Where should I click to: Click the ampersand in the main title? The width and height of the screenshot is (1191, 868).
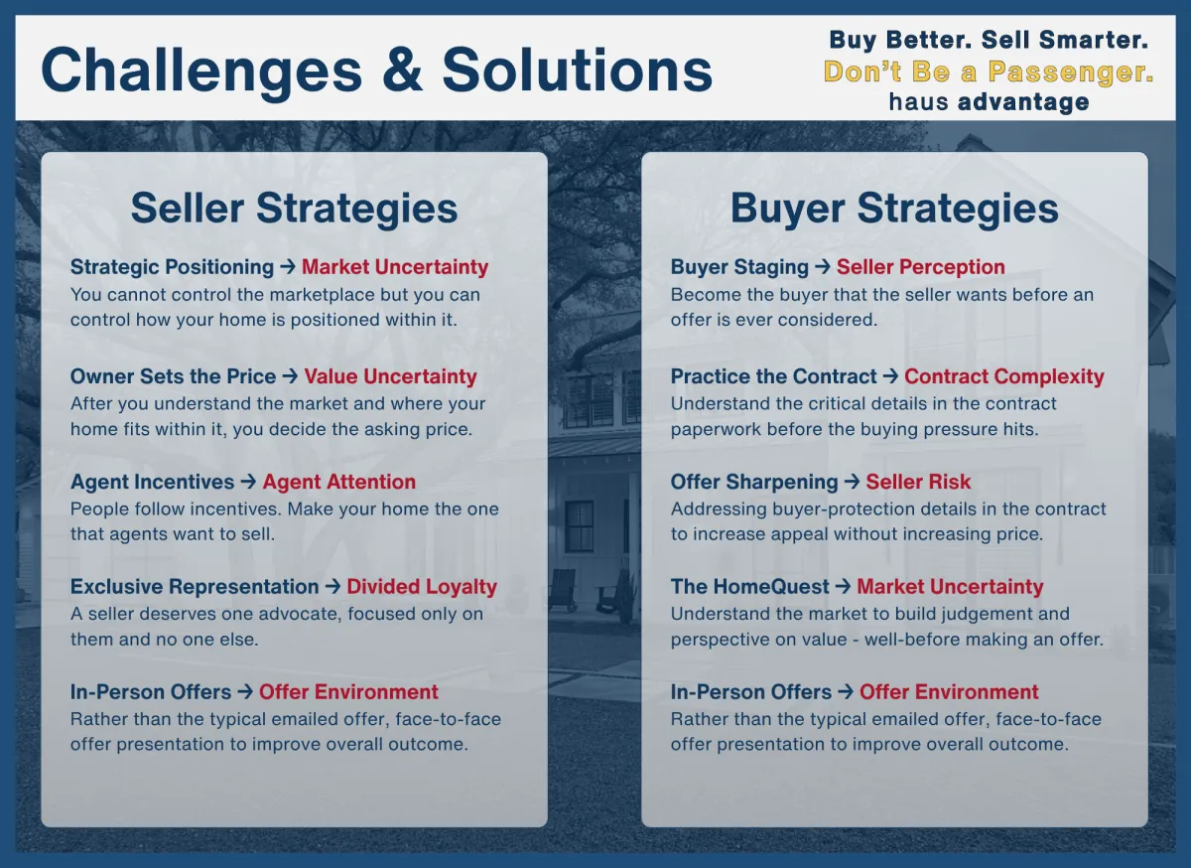[x=403, y=71]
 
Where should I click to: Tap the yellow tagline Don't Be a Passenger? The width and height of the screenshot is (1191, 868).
[x=989, y=72]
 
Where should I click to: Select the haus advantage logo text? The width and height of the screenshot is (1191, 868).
[x=989, y=101]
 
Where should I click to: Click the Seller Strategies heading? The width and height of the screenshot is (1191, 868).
[x=294, y=209]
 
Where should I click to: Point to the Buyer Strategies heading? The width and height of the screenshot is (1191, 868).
[x=894, y=209]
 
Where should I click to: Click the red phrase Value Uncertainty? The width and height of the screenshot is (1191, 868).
[x=390, y=376]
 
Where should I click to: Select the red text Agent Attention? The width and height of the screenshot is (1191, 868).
[x=338, y=482]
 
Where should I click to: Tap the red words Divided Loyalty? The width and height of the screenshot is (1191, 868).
[x=422, y=587]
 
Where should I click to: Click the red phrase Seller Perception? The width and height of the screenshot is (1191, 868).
[x=920, y=267]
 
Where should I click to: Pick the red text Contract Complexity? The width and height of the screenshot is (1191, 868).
[x=1003, y=376]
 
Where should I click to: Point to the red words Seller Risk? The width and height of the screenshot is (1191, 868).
[x=918, y=482]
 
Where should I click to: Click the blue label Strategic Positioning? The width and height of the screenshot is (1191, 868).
[x=173, y=267]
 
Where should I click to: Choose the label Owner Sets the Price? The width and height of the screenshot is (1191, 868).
[x=174, y=376]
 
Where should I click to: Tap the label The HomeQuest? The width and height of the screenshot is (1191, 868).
[x=749, y=587]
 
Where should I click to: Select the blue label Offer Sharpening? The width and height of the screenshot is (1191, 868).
[x=754, y=482]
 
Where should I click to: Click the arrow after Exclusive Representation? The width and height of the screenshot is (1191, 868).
[x=332, y=587]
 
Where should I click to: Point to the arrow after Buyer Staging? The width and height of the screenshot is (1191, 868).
[x=823, y=266]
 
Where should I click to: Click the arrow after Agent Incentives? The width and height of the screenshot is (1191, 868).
[x=248, y=482]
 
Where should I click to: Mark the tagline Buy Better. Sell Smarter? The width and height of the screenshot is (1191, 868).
[x=989, y=40]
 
